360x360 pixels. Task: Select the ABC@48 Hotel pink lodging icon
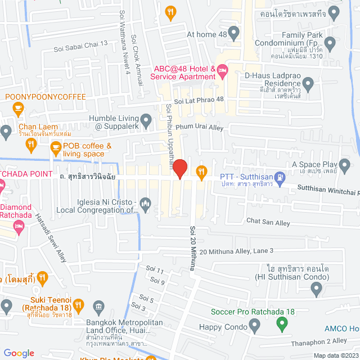[x=222, y=71]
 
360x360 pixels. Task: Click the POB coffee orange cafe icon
[x=55, y=147]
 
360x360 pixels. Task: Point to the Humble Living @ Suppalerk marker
[x=146, y=119]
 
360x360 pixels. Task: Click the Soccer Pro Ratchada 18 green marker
[x=282, y=323]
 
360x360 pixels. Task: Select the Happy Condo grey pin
[x=255, y=323]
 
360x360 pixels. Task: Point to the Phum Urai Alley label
[x=199, y=128]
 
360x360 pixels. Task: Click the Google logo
[x=19, y=353]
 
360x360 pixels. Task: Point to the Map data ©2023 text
[x=335, y=355]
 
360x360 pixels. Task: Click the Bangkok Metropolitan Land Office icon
[x=99, y=307]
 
